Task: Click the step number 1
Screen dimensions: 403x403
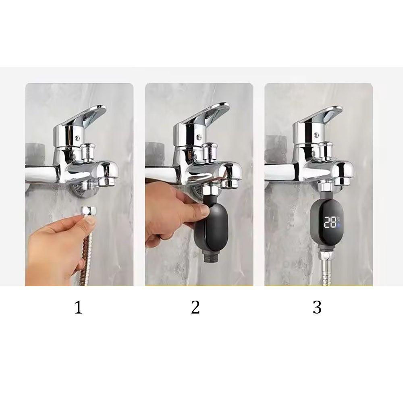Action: click(78, 308)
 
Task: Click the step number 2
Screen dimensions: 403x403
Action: click(195, 307)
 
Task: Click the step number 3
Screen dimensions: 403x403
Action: click(317, 307)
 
